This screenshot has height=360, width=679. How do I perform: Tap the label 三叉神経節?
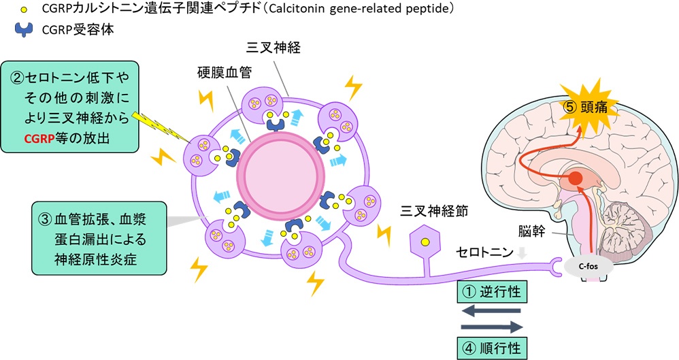click(x=426, y=210)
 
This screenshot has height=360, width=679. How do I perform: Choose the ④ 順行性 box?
click(x=491, y=348)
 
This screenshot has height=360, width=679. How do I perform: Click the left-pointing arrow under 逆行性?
click(x=491, y=310)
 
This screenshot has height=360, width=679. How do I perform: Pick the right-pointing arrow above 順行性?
click(x=491, y=327)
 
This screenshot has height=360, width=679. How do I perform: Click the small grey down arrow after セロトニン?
click(x=521, y=252)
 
